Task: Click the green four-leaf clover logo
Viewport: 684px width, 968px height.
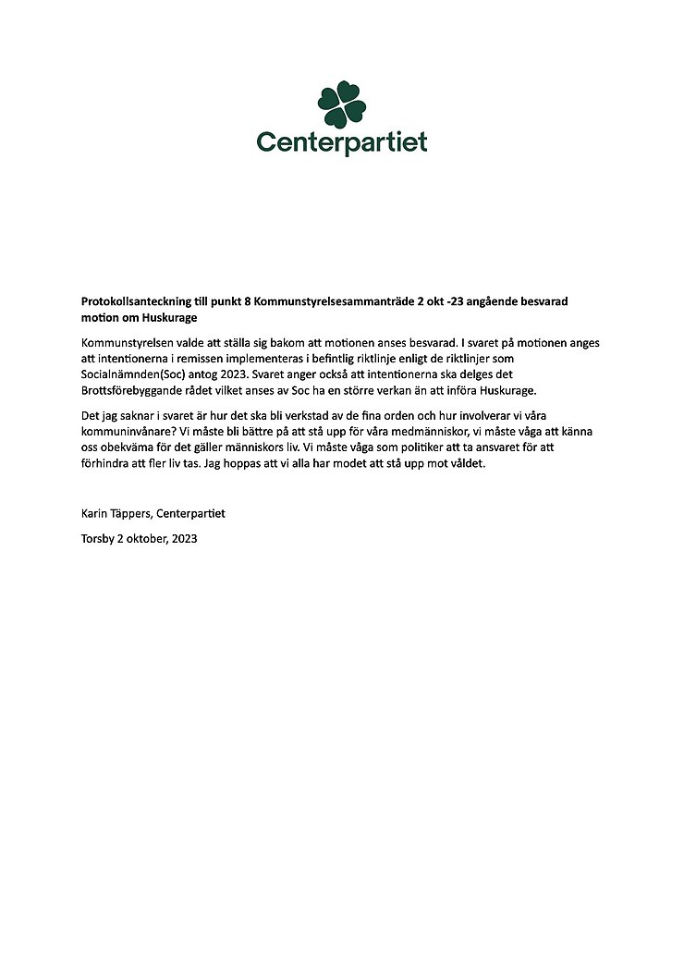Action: pyautogui.click(x=342, y=104)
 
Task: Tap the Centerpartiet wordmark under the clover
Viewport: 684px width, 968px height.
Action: pyautogui.click(x=342, y=143)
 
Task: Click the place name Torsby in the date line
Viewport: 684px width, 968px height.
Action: pyautogui.click(x=96, y=538)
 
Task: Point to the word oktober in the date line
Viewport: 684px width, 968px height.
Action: pyautogui.click(x=147, y=538)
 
